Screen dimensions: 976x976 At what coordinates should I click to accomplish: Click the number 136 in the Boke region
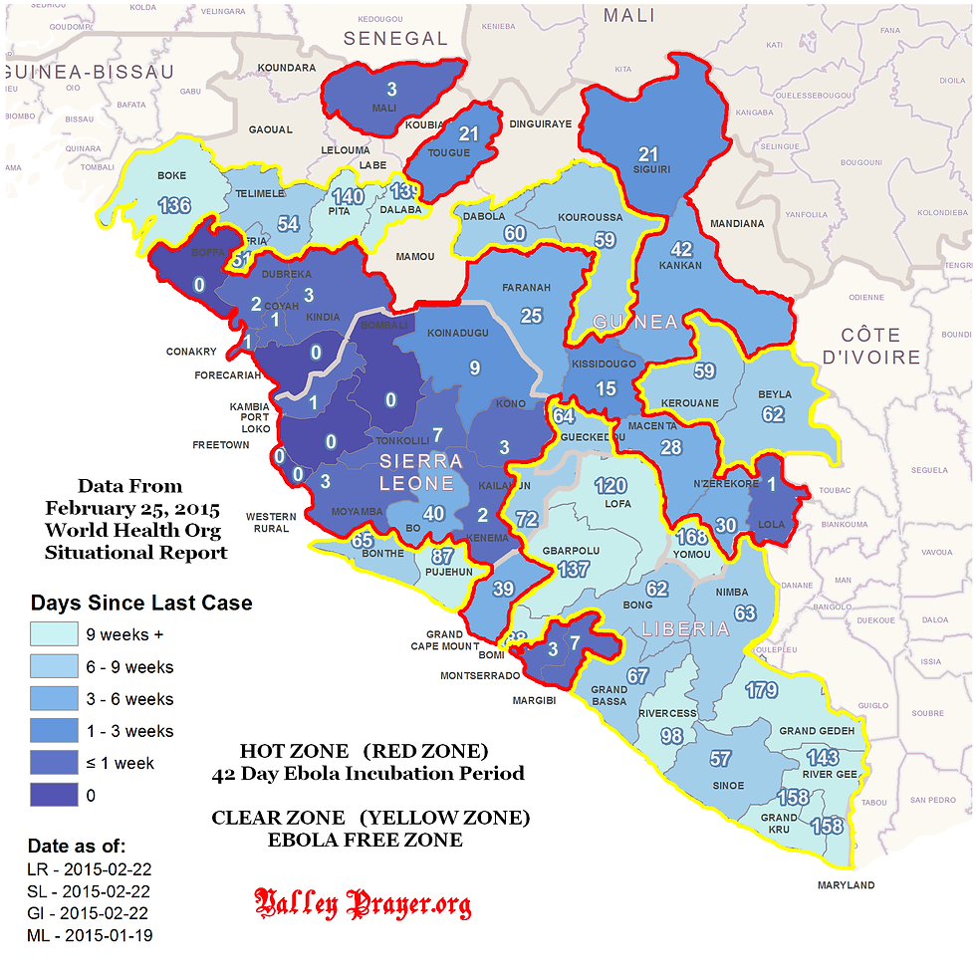click(173, 206)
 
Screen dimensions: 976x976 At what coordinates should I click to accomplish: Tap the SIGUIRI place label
click(651, 169)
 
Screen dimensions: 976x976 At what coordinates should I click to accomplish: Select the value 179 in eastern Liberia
click(761, 690)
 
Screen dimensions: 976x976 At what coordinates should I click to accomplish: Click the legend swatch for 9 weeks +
click(55, 634)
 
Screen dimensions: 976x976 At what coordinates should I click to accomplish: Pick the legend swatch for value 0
click(55, 795)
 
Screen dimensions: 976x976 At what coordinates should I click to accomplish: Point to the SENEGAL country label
click(395, 39)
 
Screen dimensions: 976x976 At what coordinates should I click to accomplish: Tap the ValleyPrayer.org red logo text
click(364, 904)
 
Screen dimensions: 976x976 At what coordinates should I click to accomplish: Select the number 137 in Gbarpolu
click(574, 569)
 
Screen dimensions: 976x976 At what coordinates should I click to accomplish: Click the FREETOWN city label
click(221, 445)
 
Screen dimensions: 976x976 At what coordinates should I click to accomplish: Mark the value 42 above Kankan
click(681, 249)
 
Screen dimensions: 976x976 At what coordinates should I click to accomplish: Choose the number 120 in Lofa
click(610, 486)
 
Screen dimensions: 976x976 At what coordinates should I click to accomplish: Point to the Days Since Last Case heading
click(141, 603)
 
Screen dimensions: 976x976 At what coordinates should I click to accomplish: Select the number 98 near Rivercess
click(670, 736)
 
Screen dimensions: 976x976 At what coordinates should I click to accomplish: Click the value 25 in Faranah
click(531, 316)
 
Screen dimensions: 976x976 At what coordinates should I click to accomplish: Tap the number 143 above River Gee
click(823, 757)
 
